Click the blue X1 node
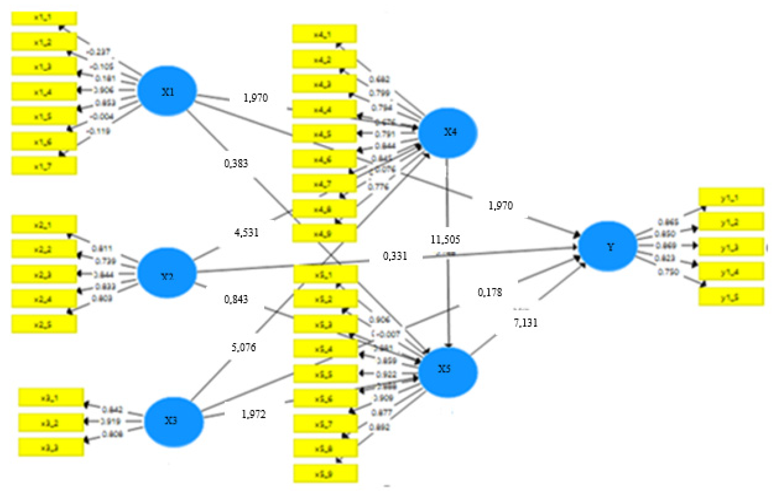[167, 91]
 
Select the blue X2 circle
[167, 273]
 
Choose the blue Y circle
[608, 246]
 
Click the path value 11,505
[445, 239]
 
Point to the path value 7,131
[525, 322]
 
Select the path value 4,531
[246, 232]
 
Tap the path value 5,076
[244, 347]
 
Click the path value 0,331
[395, 256]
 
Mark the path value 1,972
[254, 414]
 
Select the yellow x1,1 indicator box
[44, 18]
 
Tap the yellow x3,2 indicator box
[51, 422]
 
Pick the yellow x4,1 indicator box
[324, 33]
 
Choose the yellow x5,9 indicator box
[325, 473]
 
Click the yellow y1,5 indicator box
[731, 297]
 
